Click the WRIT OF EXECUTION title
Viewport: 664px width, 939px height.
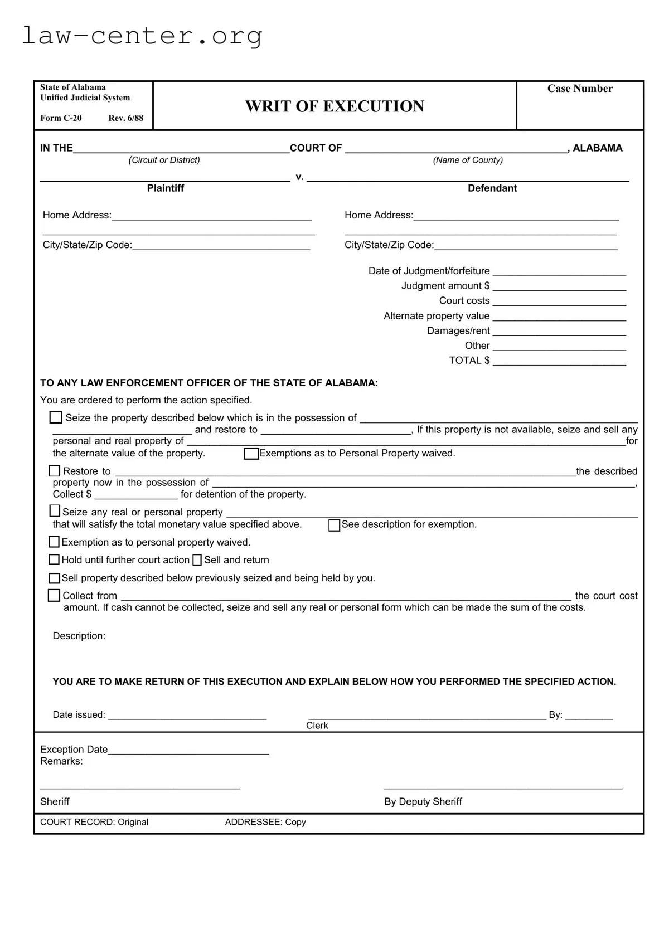tap(335, 106)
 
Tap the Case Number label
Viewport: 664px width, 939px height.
tap(579, 89)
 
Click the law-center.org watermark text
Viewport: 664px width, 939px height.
tap(142, 36)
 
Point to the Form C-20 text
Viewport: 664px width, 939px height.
tap(61, 118)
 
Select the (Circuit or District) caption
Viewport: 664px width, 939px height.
tap(164, 160)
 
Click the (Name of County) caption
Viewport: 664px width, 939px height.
tap(468, 160)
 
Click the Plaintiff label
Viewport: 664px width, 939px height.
tap(165, 188)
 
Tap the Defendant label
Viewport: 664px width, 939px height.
tap(492, 188)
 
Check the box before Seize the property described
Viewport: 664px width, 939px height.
tap(56, 417)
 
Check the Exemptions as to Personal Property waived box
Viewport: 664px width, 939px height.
tap(251, 454)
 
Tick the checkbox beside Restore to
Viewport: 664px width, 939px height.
tap(54, 471)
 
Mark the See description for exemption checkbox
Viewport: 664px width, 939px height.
tap(334, 525)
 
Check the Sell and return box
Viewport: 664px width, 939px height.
tap(197, 560)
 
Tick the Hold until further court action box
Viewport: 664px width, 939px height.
tap(54, 559)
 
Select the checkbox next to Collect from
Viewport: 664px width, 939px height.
tap(54, 596)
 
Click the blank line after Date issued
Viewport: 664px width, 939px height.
tap(187, 716)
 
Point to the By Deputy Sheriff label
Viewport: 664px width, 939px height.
tap(423, 801)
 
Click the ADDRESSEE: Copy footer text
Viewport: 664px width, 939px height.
tap(265, 822)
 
